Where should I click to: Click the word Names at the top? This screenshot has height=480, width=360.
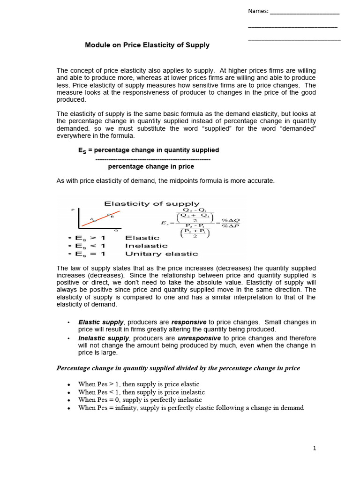click(257, 11)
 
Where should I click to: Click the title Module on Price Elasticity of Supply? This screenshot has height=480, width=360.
click(147, 45)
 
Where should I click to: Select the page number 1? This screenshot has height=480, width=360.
click(315, 448)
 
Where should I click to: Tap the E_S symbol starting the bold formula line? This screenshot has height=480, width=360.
click(82, 150)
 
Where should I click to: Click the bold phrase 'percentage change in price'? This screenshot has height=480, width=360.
click(151, 166)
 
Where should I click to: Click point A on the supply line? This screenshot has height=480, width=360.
click(92, 219)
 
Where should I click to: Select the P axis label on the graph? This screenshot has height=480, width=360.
click(73, 210)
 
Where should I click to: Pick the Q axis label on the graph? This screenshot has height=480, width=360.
click(116, 231)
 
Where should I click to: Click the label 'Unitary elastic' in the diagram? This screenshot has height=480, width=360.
click(161, 254)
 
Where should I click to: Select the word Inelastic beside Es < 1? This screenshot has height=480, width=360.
click(146, 246)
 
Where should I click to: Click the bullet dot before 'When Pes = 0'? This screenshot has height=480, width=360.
click(68, 400)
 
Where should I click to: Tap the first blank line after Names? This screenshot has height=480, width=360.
click(305, 13)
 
